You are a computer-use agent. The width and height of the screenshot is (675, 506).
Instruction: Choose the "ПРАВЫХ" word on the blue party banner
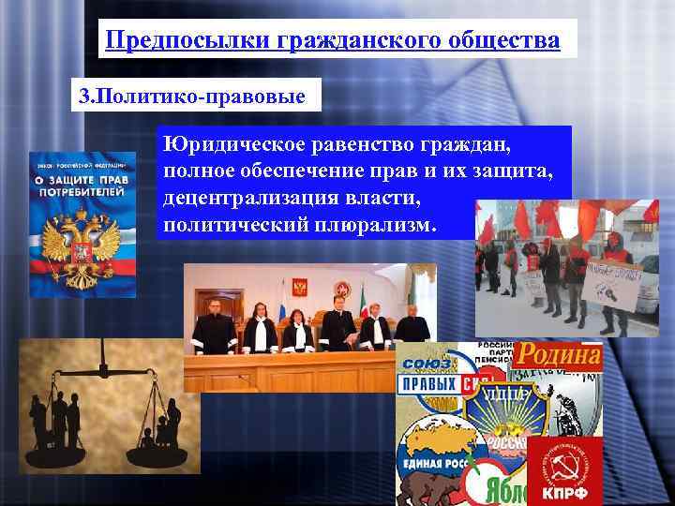click(427, 385)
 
